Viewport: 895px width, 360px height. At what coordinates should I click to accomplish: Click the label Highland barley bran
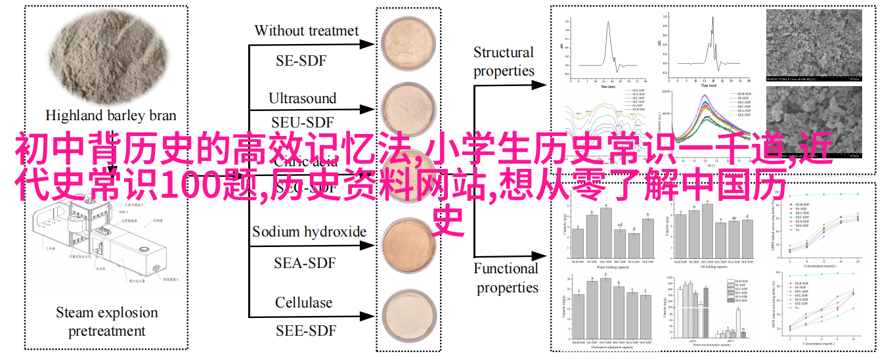[111, 115]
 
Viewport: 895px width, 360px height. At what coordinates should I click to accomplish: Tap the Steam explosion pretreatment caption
[107, 322]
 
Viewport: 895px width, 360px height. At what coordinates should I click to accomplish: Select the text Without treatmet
[307, 30]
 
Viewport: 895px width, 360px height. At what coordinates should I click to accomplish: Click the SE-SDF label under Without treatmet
[301, 61]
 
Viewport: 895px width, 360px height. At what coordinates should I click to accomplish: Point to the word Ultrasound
[302, 99]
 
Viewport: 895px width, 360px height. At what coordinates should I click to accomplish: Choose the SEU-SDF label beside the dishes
[303, 123]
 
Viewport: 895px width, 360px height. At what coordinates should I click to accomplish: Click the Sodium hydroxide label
[309, 231]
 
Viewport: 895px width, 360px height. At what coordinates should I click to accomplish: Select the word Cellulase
[303, 303]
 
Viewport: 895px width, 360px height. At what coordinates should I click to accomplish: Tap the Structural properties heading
[504, 62]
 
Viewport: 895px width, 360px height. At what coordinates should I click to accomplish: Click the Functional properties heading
[506, 278]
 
